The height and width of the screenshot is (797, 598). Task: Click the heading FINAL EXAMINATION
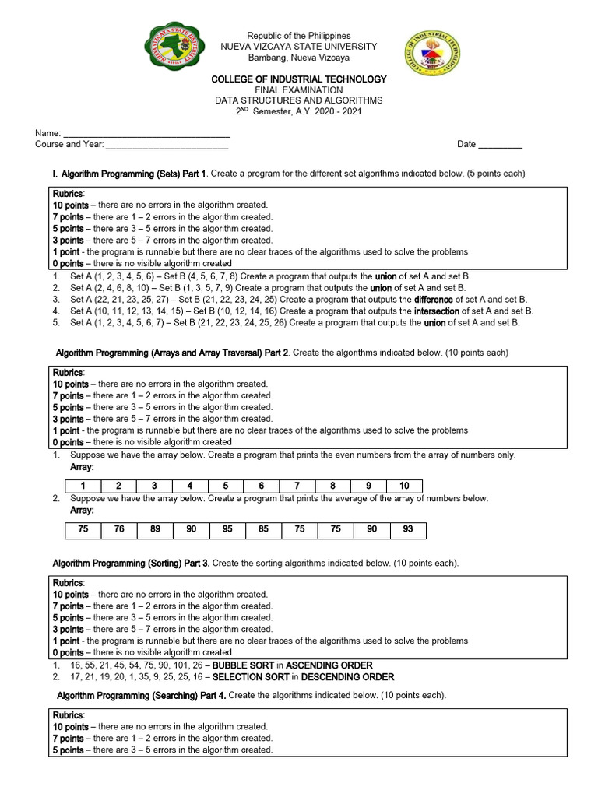point(299,90)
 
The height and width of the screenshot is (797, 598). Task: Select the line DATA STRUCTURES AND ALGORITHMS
point(299,101)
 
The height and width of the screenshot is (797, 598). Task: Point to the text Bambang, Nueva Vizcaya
point(299,58)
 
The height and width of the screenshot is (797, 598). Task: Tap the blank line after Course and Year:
point(167,145)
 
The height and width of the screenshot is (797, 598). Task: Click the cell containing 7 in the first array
point(297,486)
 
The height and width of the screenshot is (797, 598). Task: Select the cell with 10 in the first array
point(404,486)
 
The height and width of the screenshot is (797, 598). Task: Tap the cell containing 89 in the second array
point(156,530)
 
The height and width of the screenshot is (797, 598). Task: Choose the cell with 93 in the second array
point(408,530)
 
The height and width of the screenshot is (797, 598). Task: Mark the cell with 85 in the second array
point(264,530)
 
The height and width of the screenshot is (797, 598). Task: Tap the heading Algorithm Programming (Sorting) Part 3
point(131,563)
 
